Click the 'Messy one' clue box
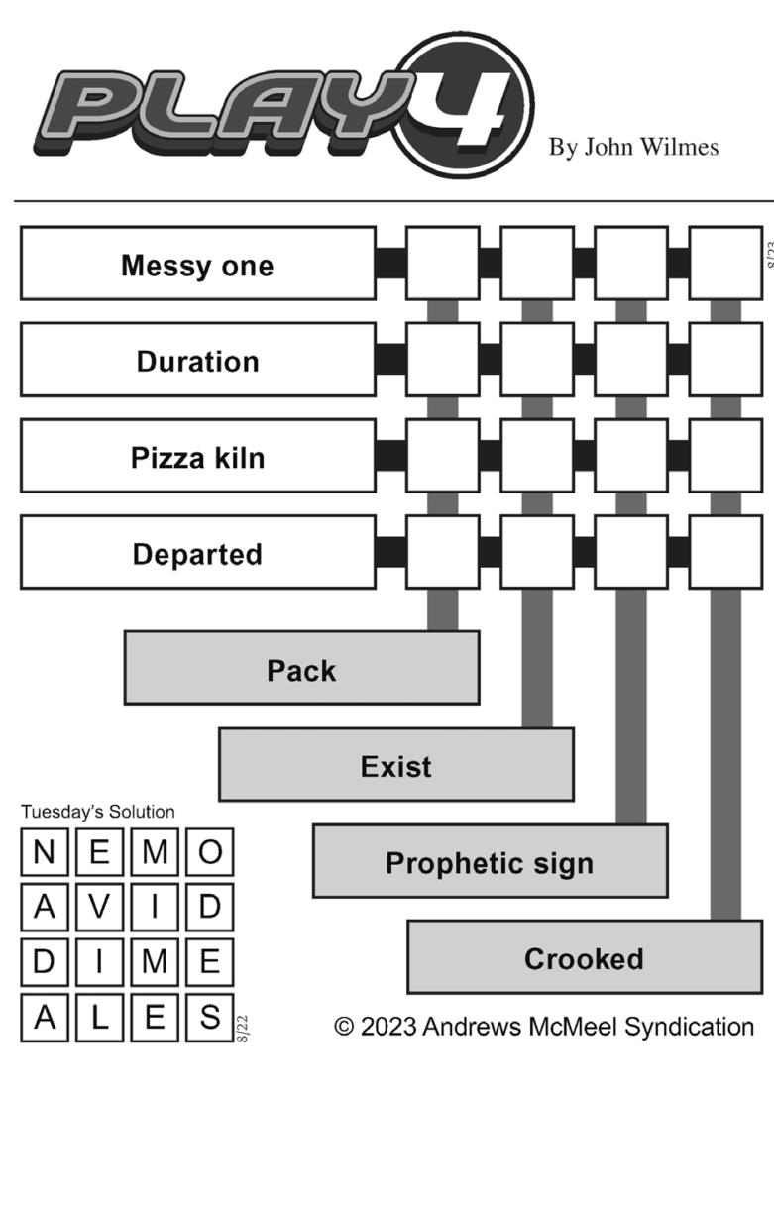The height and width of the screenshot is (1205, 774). coord(197,265)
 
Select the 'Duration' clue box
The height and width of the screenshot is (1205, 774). coord(197,361)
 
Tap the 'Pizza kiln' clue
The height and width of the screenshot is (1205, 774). coord(197,457)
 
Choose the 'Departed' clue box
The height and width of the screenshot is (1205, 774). coord(197,553)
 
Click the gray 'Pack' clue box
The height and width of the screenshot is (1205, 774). coord(301,669)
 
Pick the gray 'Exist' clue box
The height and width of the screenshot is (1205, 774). coord(395,765)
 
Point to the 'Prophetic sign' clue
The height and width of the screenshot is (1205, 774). coord(490,861)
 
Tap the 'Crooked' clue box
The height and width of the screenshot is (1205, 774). coord(584,957)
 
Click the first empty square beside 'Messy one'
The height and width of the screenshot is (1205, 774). coord(443,264)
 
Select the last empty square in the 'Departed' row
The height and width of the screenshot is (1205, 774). coord(724,552)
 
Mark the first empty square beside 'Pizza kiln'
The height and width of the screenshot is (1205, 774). coord(443,456)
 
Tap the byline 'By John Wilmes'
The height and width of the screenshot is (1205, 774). coord(633,148)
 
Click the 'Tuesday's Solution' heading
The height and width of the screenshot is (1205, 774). coord(98,812)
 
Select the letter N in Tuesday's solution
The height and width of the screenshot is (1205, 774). coord(45,852)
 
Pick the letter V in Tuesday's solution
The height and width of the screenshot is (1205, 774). coord(99,907)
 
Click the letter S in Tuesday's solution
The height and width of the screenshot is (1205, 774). coord(209,1017)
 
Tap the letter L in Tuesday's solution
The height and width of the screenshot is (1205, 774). coord(99,1017)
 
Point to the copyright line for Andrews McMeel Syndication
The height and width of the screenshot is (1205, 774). coord(543,1027)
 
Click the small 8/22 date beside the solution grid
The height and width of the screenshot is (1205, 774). coord(243,1028)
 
